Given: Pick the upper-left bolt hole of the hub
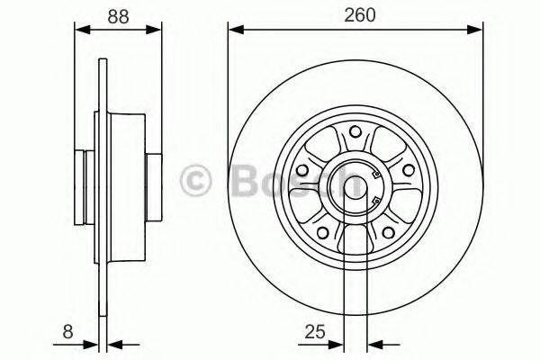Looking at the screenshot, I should (303, 168).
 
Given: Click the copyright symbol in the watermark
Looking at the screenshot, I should (196, 179).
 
